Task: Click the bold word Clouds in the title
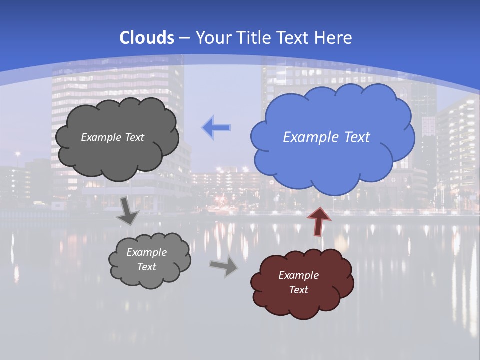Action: (x=147, y=38)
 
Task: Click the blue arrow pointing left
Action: (x=216, y=128)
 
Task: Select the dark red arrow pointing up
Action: (x=318, y=221)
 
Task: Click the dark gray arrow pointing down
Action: (x=127, y=210)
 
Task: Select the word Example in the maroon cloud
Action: (x=298, y=275)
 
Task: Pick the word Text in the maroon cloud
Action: (x=298, y=290)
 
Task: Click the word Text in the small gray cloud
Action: (x=147, y=267)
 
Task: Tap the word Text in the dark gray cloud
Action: (x=134, y=137)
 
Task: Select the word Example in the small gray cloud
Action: (x=147, y=252)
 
